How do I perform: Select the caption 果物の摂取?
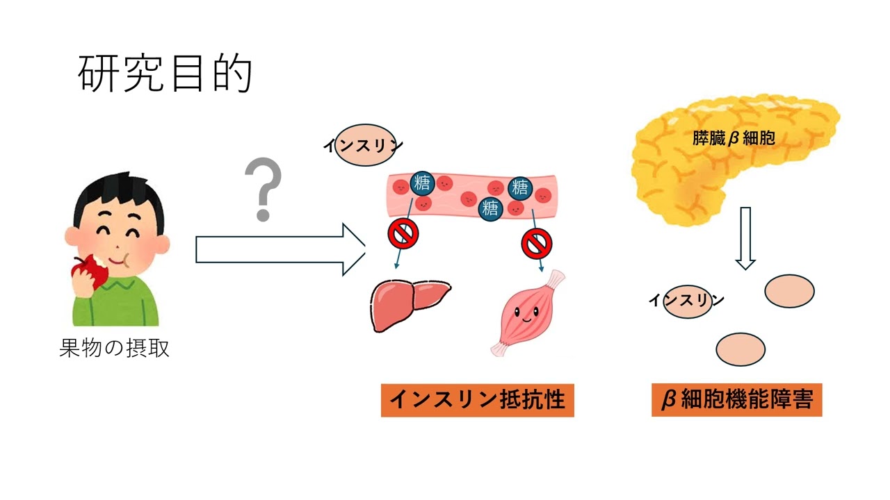[115, 348]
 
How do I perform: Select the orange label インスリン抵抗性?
[477, 400]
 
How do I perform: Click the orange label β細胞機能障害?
[736, 400]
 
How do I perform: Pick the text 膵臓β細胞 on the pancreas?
[734, 139]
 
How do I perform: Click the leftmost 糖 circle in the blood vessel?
[423, 183]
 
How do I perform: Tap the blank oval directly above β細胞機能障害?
[741, 349]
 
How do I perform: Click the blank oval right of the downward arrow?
[789, 290]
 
